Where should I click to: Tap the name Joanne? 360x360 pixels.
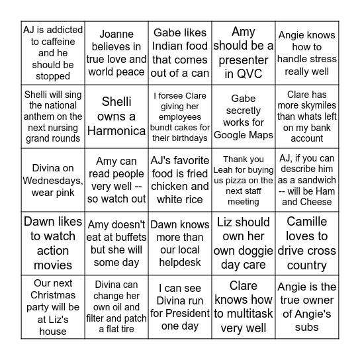[x=116, y=34]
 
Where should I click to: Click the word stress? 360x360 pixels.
[x=324, y=59]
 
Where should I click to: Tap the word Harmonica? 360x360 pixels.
[x=116, y=131]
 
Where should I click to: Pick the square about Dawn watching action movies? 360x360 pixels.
[x=53, y=243]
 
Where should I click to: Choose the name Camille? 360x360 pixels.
[x=307, y=222]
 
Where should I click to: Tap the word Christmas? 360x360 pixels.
[x=53, y=295]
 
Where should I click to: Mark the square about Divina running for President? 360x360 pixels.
[x=179, y=307]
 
